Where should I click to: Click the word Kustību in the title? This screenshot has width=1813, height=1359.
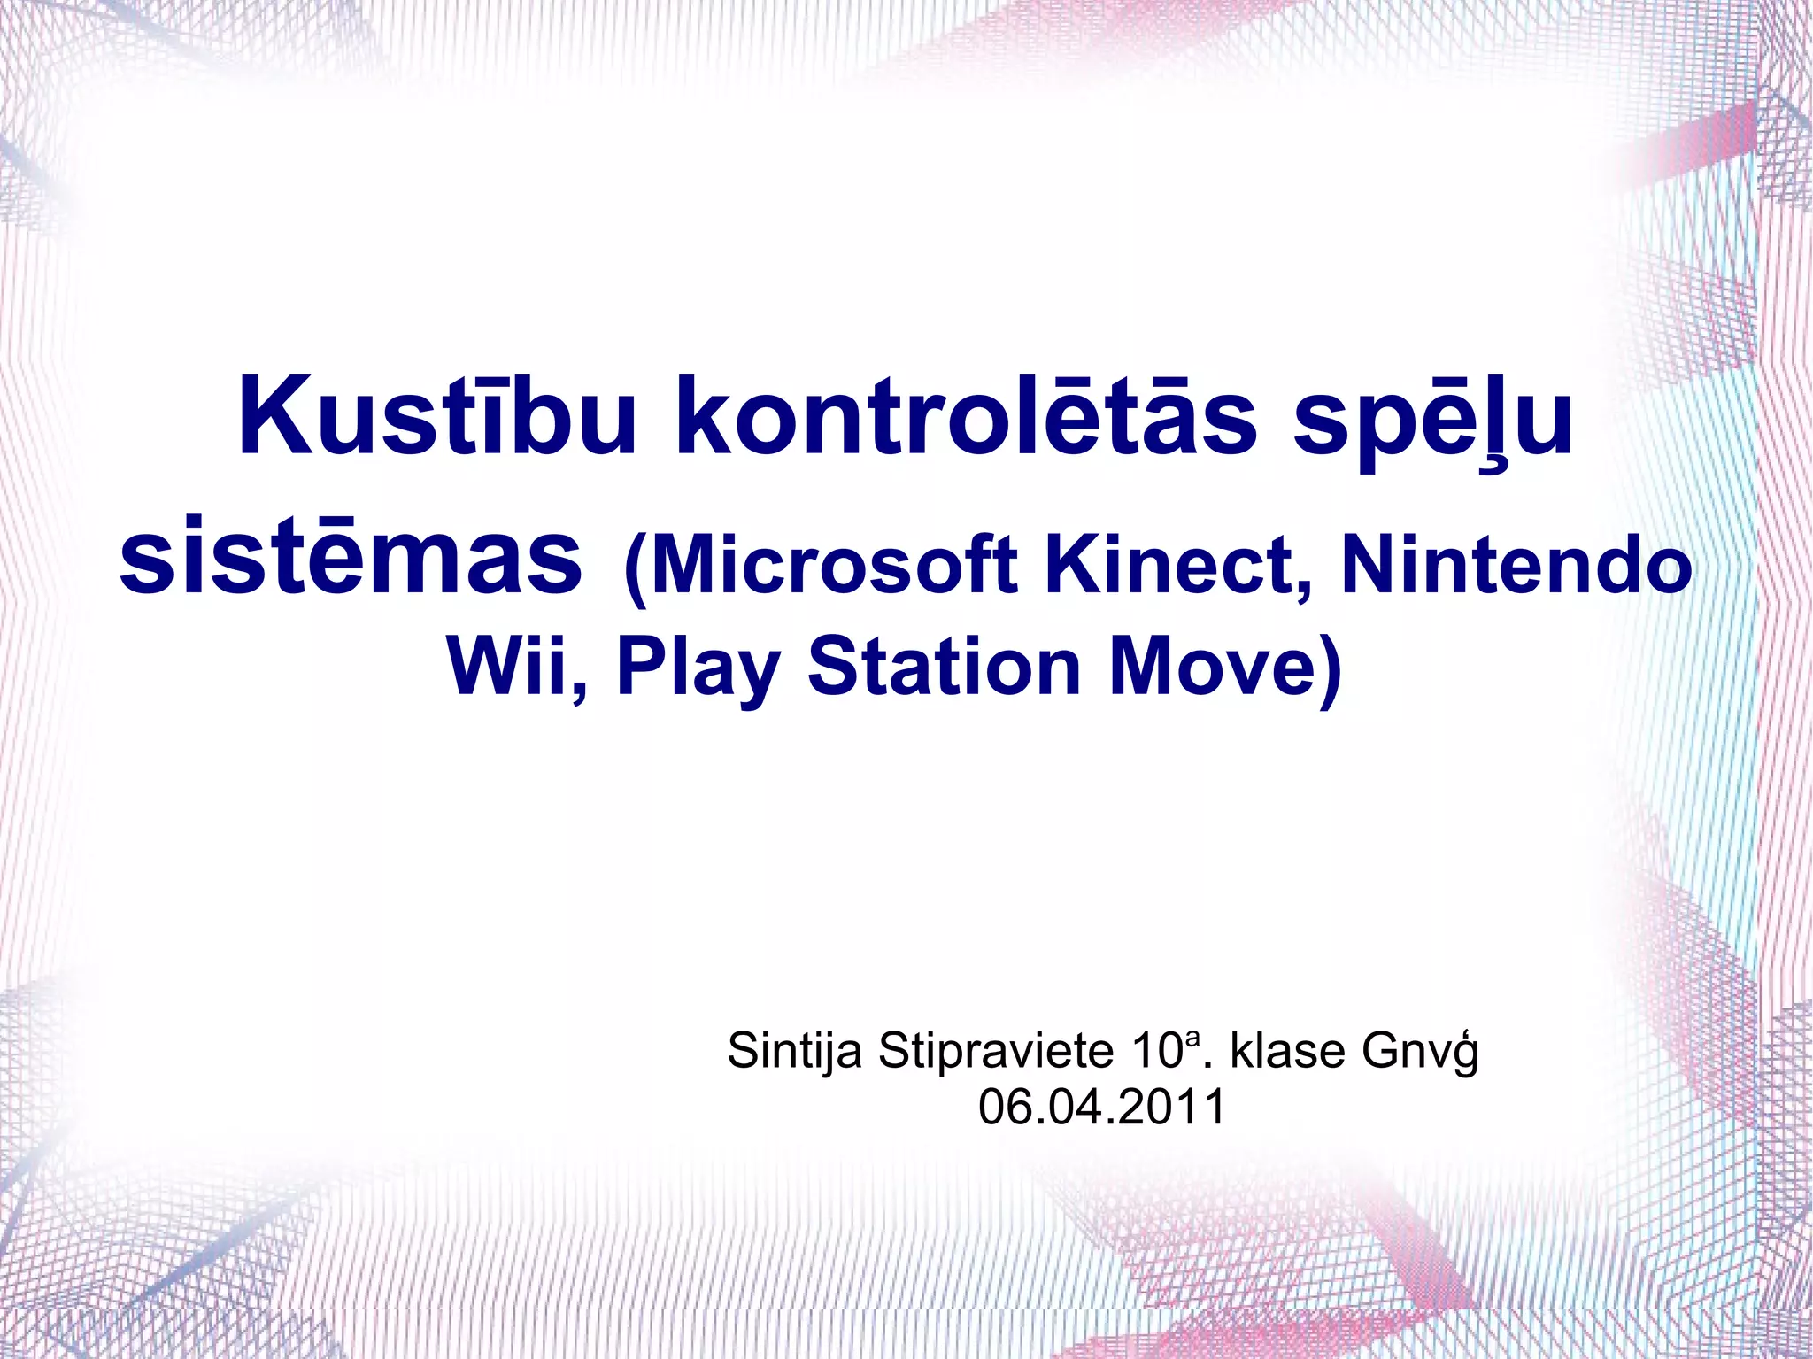click(x=436, y=416)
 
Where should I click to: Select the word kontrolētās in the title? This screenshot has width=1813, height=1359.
click(x=965, y=416)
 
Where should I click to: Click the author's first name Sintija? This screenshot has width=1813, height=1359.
click(x=794, y=1052)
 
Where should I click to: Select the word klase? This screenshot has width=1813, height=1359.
click(x=1288, y=1051)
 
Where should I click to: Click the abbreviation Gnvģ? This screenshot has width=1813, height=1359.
click(x=1419, y=1052)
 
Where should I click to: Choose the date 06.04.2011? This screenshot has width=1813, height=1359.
click(x=1101, y=1107)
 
